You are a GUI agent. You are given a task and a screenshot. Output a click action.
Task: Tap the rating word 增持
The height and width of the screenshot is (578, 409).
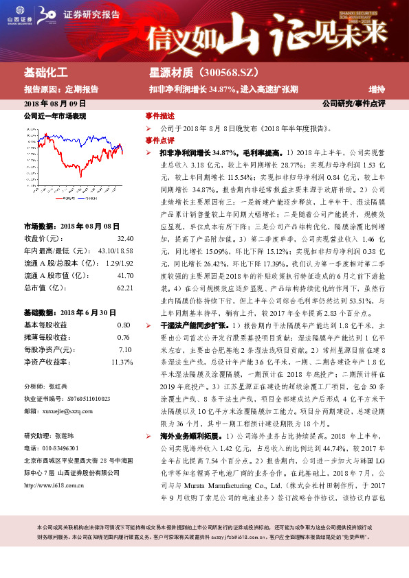(x=377, y=89)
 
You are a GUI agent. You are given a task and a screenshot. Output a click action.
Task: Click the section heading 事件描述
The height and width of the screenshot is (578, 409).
(x=159, y=115)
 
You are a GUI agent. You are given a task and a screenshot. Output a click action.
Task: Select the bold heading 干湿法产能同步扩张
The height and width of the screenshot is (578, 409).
(x=187, y=284)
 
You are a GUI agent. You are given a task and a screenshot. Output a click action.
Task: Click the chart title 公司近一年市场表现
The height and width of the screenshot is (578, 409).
(x=55, y=116)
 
